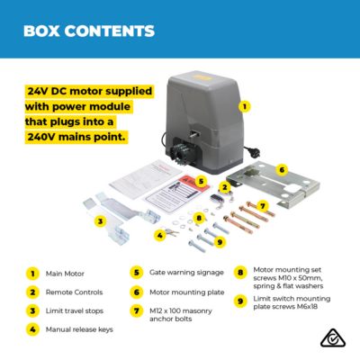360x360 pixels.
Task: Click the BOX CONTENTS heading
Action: click(89, 31)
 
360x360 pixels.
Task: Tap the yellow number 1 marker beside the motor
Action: click(245, 106)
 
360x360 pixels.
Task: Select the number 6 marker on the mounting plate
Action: click(282, 170)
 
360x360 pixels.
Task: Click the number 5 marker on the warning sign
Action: click(201, 181)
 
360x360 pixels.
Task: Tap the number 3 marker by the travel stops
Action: click(100, 221)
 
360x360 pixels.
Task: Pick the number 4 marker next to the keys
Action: click(160, 236)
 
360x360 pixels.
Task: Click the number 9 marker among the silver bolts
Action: click(220, 241)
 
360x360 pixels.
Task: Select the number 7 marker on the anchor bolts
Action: click(263, 206)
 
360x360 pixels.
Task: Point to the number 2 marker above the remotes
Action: click(225, 188)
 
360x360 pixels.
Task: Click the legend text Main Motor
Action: click(65, 274)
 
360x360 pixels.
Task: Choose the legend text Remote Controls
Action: click(74, 292)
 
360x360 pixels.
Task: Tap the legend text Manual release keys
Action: click(79, 329)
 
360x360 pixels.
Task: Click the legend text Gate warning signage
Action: click(186, 273)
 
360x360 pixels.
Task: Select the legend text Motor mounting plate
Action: click(187, 292)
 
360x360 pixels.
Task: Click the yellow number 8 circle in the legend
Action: click(240, 273)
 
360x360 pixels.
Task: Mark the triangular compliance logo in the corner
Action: click(333, 338)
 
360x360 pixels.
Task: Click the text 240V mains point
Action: click(76, 137)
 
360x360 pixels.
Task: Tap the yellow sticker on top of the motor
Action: click(202, 77)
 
